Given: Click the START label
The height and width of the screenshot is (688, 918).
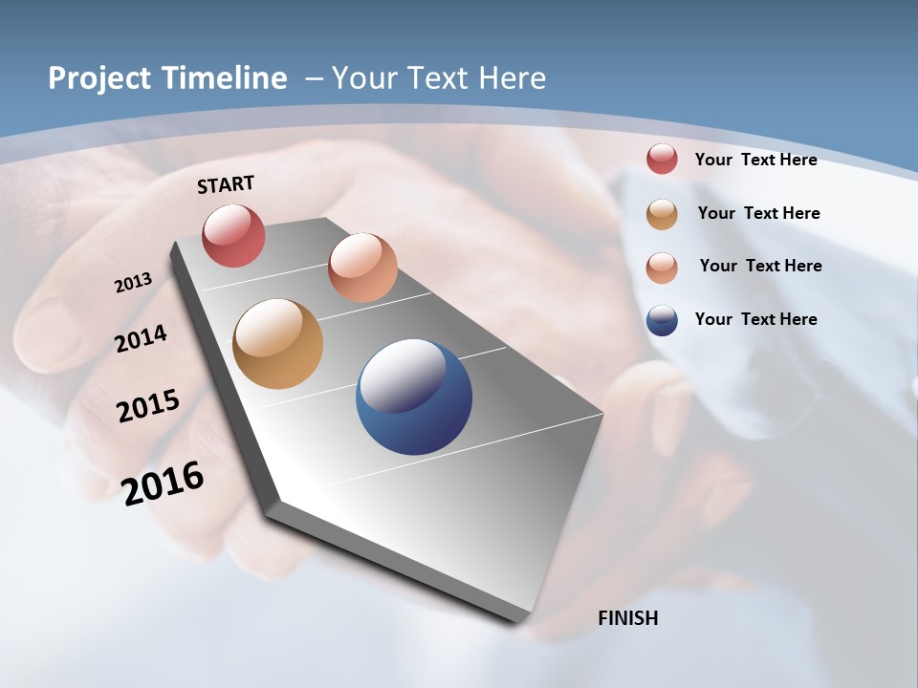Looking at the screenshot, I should click(x=226, y=184).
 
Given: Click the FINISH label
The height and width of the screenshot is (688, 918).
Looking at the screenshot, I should click(x=627, y=618).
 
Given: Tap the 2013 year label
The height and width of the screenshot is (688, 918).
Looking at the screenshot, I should click(x=133, y=283).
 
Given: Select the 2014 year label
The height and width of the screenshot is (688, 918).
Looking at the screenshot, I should click(x=141, y=339).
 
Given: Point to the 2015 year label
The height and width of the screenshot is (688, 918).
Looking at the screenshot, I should click(x=148, y=405).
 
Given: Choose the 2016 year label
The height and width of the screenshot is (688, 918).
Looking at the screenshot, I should click(x=163, y=483).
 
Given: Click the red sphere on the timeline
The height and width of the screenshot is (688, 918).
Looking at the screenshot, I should click(x=233, y=235).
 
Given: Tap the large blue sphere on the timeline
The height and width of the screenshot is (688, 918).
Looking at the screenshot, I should click(x=413, y=396).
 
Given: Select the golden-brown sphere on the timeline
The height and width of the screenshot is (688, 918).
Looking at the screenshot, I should click(x=277, y=344).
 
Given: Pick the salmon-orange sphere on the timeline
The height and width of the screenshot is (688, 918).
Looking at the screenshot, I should click(x=362, y=268).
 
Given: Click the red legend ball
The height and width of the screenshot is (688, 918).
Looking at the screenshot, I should click(x=662, y=160).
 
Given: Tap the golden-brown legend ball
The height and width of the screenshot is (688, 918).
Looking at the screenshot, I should click(x=662, y=214).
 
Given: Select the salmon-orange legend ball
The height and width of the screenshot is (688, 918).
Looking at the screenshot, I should click(x=662, y=267).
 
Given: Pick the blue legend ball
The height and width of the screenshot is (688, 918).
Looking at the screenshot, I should click(x=662, y=320).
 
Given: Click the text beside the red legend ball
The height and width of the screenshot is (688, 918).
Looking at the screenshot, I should click(x=755, y=160).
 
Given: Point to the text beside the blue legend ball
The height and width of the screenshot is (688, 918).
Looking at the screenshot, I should click(x=755, y=319).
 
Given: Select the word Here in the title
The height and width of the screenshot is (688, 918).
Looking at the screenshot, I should click(x=513, y=78).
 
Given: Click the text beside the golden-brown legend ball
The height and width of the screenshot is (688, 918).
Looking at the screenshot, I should click(x=758, y=213).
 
